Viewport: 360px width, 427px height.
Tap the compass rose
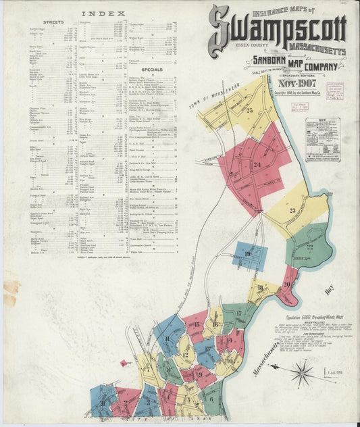pyautogui.click(x=302, y=372)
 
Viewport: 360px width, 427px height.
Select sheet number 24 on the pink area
pyautogui.click(x=257, y=165)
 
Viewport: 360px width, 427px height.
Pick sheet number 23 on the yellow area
pyautogui.click(x=292, y=211)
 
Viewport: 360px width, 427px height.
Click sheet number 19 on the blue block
pyautogui.click(x=248, y=254)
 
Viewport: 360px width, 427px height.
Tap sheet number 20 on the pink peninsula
pyautogui.click(x=286, y=284)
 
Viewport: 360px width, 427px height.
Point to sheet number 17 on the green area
pyautogui.click(x=238, y=313)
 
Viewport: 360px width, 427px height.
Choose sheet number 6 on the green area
pyautogui.click(x=211, y=399)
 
